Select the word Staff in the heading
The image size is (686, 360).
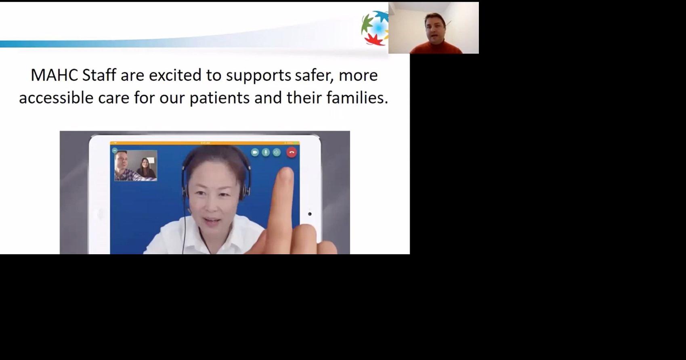tap(99, 75)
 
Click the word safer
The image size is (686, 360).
tap(314, 75)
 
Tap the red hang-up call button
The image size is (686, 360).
tap(292, 152)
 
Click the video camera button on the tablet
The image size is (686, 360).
tap(255, 152)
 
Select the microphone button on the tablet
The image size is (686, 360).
tap(266, 152)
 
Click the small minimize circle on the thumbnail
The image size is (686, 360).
tap(115, 151)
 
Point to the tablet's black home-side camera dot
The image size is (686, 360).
tap(310, 214)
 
